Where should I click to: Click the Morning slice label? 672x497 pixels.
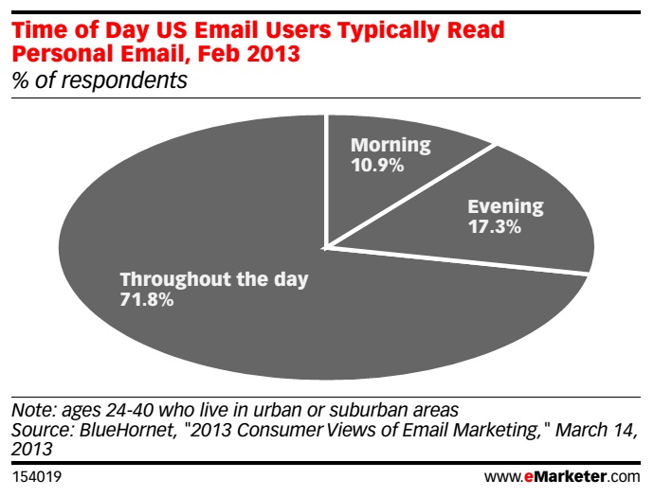(x=390, y=145)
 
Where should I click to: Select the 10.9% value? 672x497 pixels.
(x=377, y=165)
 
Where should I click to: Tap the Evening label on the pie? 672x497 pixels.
(x=505, y=206)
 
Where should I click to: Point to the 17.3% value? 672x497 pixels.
(x=494, y=226)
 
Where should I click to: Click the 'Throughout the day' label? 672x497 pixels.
(x=214, y=279)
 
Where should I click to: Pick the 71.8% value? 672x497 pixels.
(x=147, y=299)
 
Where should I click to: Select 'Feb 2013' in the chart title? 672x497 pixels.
(x=249, y=54)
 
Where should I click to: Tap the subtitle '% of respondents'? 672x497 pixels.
(x=100, y=80)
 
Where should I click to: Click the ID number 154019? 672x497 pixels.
(x=37, y=476)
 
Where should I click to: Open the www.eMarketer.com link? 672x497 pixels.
(x=562, y=476)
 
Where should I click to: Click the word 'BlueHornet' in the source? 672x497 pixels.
(x=128, y=430)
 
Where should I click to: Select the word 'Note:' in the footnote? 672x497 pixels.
(x=34, y=410)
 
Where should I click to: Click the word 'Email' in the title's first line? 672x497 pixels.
(x=227, y=30)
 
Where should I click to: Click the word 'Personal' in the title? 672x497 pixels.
(x=63, y=54)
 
